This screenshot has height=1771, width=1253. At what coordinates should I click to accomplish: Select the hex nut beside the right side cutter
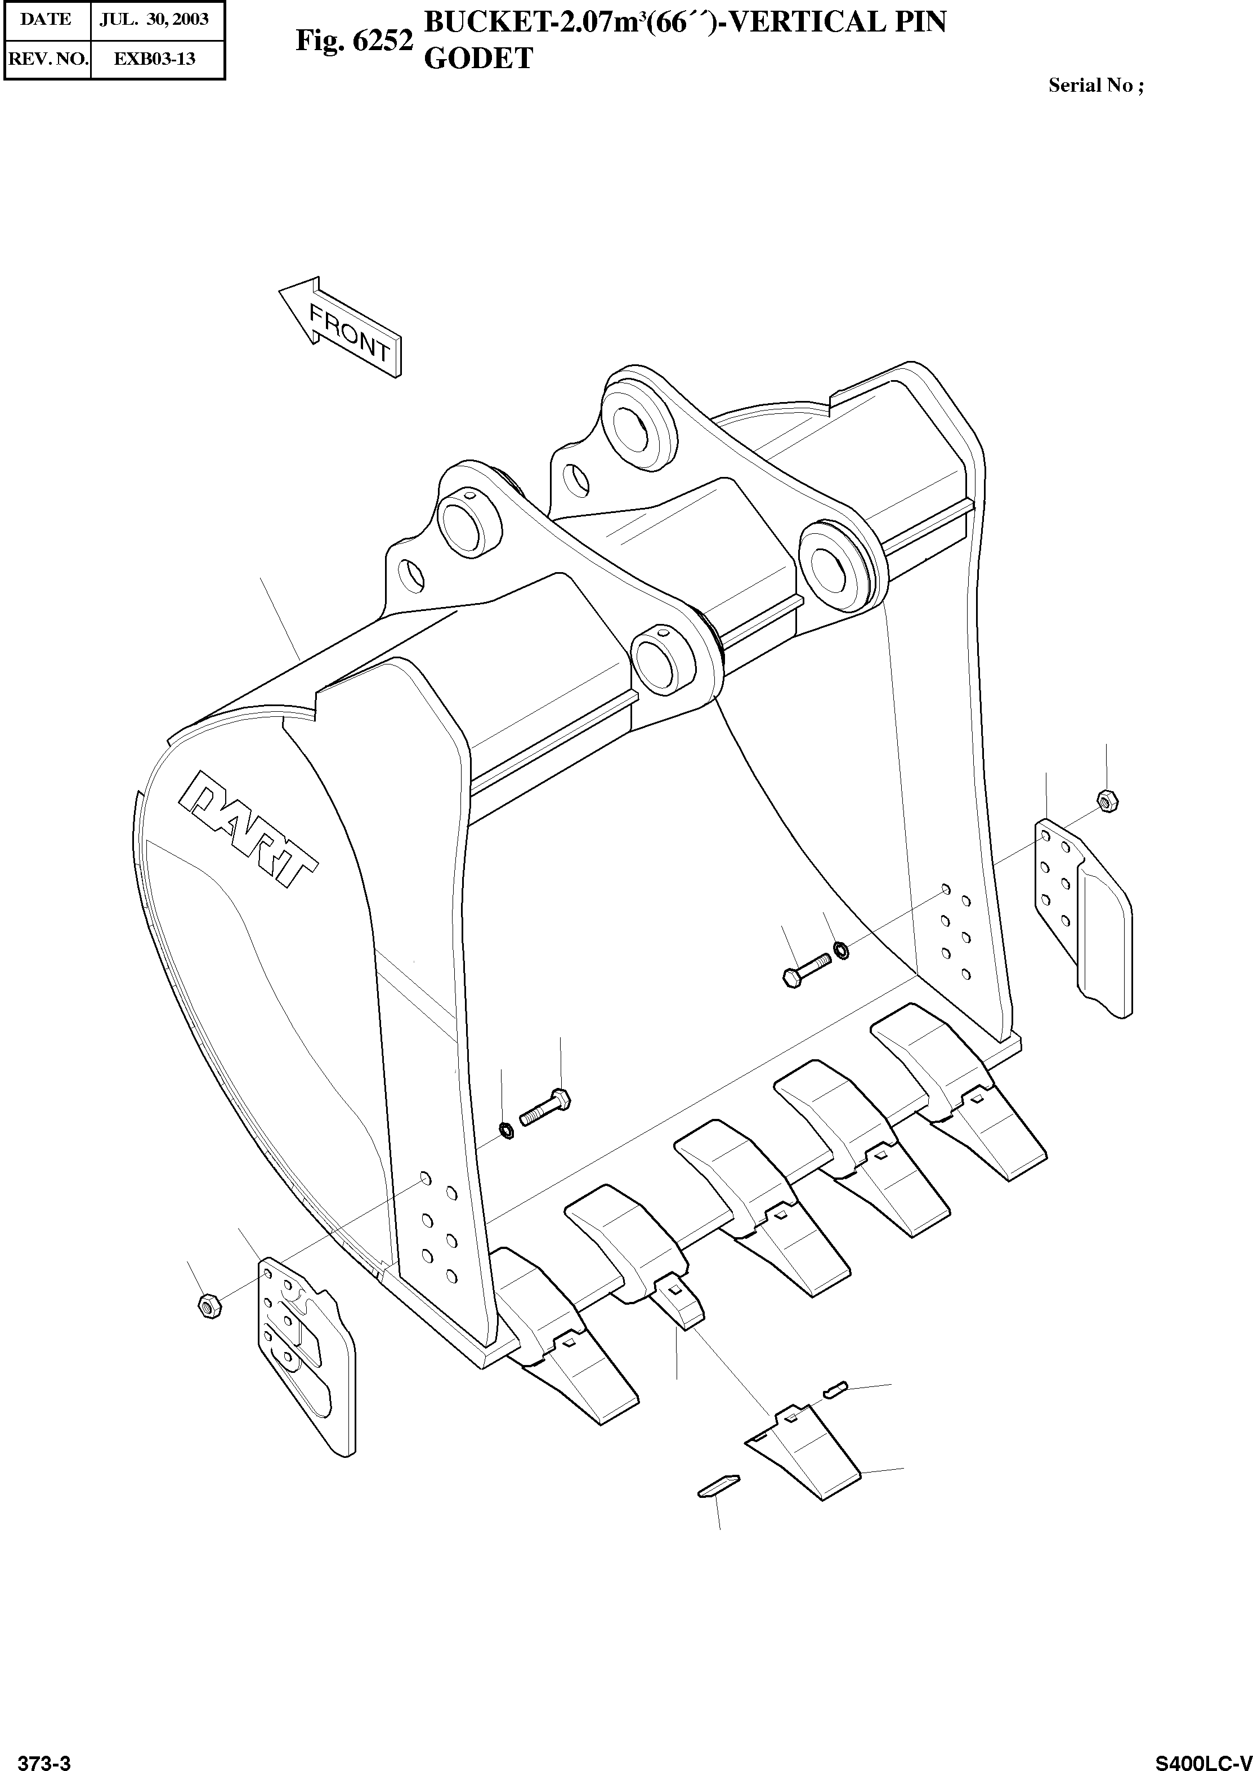click(1106, 801)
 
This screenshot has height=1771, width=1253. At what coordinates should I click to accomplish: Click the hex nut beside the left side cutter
click(209, 1305)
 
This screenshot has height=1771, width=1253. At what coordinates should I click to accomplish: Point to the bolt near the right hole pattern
click(805, 969)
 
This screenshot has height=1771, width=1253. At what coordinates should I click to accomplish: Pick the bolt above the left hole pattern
click(545, 1107)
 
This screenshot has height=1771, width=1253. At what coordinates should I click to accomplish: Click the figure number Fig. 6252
click(354, 42)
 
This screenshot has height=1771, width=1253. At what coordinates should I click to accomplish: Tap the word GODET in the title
click(478, 59)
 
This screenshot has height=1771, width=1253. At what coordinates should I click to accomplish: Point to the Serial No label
click(1095, 86)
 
